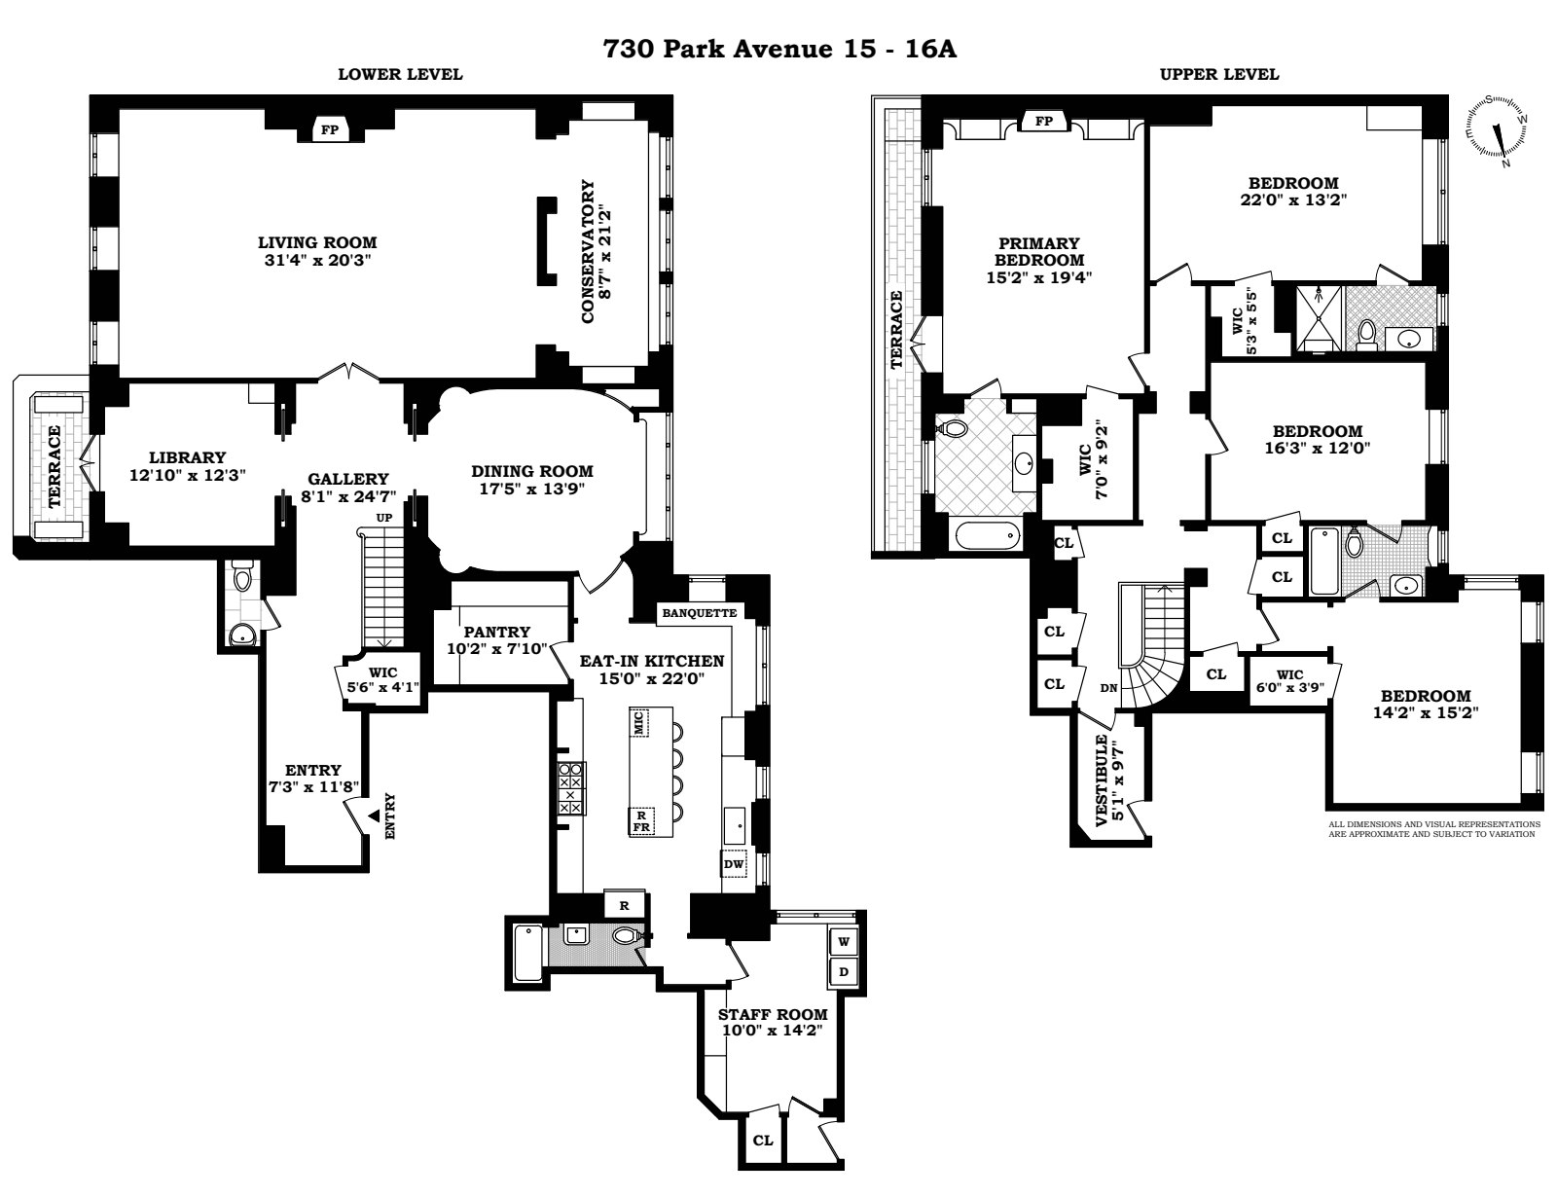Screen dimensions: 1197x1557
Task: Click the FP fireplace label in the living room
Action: coord(329,129)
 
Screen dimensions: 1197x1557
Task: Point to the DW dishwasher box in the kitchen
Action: coord(734,863)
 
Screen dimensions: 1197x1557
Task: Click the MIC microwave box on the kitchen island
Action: coord(639,722)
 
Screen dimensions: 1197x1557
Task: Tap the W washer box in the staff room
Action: coord(844,941)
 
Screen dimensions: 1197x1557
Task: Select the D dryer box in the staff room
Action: coord(844,971)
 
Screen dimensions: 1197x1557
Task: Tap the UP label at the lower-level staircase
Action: coord(384,518)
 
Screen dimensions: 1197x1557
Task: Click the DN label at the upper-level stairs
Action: coord(1108,688)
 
